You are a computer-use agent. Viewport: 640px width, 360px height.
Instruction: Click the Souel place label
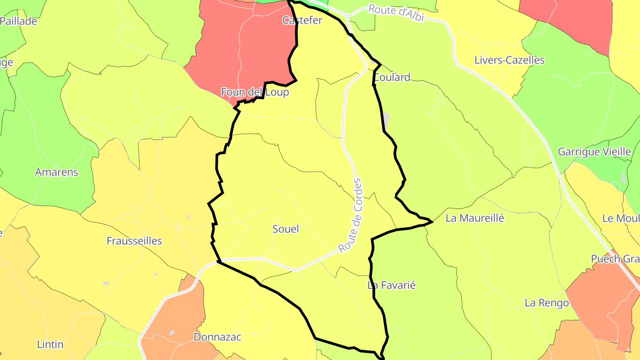[x=285, y=229]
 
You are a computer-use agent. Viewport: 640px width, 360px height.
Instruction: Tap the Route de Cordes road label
[x=351, y=216]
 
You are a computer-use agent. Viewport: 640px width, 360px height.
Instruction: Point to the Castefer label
[x=302, y=20]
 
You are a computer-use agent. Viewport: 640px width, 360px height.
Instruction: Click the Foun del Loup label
[x=255, y=92]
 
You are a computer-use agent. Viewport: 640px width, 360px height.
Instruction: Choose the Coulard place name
[x=392, y=77]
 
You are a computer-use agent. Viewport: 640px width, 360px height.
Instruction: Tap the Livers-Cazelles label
[x=509, y=60]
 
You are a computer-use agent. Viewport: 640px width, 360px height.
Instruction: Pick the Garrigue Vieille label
[x=594, y=152]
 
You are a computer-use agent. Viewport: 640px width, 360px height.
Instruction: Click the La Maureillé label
[x=475, y=218]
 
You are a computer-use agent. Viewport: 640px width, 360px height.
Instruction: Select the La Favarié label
[x=392, y=285]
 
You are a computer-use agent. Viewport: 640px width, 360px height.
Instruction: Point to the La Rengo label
[x=547, y=303]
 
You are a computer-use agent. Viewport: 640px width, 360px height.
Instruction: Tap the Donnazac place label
[x=217, y=337]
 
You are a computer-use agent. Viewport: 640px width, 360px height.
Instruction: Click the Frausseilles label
[x=134, y=241]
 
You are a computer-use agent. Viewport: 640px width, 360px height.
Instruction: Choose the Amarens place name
[x=56, y=172]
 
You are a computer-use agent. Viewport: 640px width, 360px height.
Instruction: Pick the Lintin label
[x=50, y=344]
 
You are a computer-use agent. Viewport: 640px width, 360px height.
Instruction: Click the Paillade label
[x=19, y=21]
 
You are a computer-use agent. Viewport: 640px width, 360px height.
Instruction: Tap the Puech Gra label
[x=615, y=259]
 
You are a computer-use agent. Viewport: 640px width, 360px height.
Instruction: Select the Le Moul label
[x=620, y=218]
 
